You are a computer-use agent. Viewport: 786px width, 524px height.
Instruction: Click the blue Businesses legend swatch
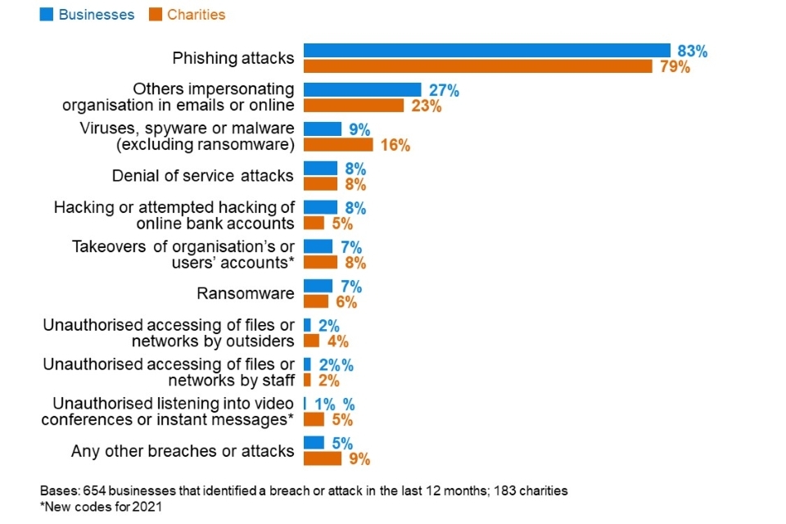click(46, 15)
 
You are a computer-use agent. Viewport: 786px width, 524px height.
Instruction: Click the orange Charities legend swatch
click(155, 15)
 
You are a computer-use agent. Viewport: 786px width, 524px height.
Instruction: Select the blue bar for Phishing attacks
click(487, 51)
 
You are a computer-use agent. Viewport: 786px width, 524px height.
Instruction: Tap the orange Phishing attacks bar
click(478, 66)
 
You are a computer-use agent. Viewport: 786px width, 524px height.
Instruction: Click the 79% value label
click(675, 67)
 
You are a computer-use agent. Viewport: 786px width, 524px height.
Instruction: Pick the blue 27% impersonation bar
click(362, 90)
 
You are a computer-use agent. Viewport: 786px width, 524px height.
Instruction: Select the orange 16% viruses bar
click(338, 145)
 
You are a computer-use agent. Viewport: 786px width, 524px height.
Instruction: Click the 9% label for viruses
click(359, 129)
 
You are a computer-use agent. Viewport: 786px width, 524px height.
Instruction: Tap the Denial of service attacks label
click(202, 175)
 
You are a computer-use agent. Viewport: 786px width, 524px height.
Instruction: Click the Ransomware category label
click(245, 293)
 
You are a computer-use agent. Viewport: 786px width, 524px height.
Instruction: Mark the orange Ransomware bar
click(316, 301)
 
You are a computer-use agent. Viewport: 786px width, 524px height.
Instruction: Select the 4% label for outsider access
click(338, 341)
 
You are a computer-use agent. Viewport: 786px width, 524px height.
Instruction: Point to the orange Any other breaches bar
click(323, 458)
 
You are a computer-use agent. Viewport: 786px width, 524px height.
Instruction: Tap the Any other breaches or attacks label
click(183, 450)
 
